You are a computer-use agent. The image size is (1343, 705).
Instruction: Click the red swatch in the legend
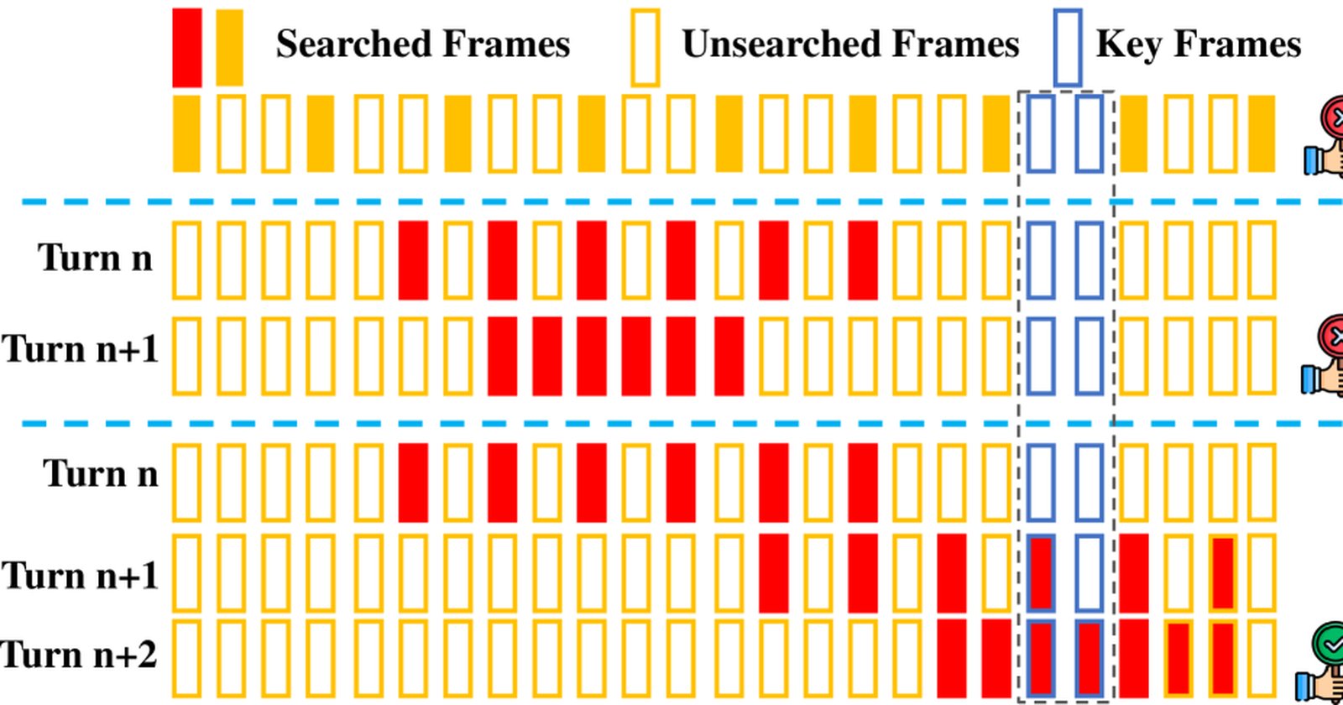click(x=187, y=47)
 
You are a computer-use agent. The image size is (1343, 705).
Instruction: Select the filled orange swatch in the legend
click(x=230, y=47)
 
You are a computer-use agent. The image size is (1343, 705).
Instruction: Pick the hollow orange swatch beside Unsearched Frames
click(x=632, y=47)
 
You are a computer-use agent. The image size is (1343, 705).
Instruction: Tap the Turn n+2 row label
click(x=79, y=655)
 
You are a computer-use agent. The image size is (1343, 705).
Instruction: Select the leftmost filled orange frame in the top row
click(x=186, y=133)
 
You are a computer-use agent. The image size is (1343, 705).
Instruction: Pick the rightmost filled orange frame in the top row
click(x=1262, y=133)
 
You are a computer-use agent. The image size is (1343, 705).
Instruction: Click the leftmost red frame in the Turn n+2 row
click(x=952, y=659)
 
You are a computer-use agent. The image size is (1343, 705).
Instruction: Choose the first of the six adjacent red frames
click(x=503, y=356)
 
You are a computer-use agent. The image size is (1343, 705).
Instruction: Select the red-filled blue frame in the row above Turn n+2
click(x=1042, y=574)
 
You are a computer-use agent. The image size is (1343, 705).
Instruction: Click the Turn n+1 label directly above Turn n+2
click(x=80, y=576)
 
